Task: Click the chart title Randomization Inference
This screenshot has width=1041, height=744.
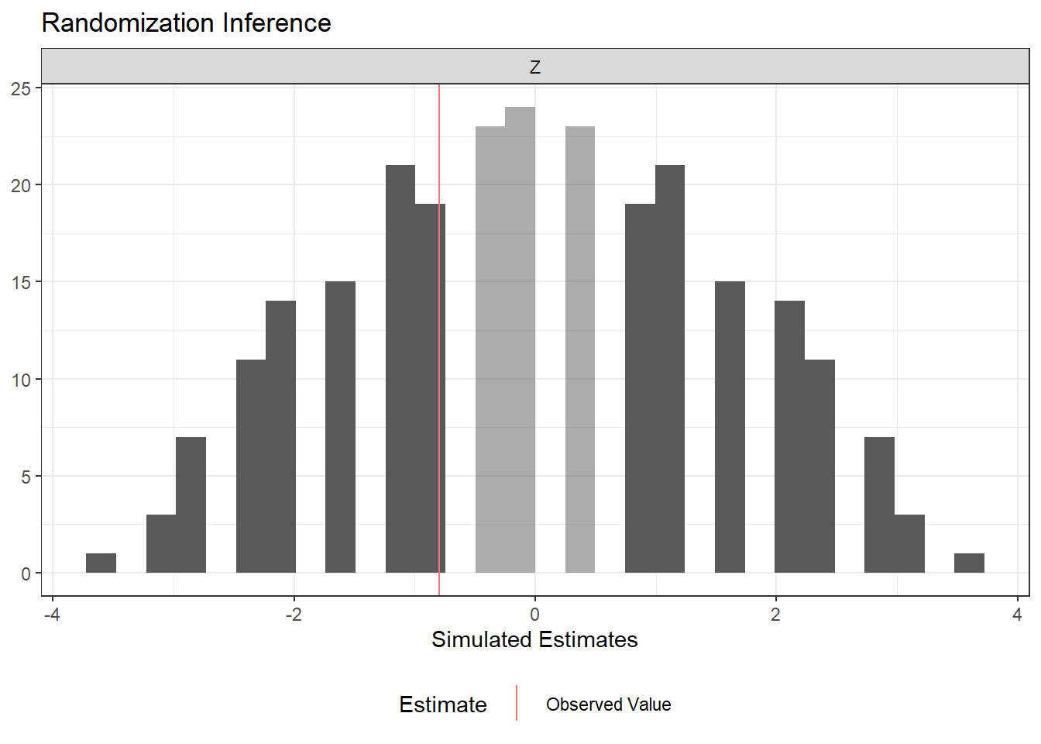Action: point(186,23)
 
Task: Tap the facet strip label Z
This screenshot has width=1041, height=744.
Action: point(534,67)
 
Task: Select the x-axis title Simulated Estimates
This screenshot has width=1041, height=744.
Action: point(534,639)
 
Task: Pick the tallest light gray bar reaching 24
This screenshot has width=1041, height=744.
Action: point(520,341)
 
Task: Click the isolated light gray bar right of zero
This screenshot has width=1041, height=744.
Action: point(580,349)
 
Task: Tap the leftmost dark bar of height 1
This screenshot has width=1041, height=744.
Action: point(101,563)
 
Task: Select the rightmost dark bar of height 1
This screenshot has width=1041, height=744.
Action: point(969,563)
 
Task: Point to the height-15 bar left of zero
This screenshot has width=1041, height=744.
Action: point(340,426)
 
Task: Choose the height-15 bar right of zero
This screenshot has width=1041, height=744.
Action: point(730,426)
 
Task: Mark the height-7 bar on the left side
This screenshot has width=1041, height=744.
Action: point(191,504)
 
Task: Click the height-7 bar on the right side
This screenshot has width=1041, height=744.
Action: point(879,504)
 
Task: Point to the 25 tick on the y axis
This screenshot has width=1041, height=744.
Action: point(21,88)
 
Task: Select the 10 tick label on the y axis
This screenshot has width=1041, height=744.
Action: point(21,380)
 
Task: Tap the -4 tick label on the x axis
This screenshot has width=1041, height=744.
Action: point(52,615)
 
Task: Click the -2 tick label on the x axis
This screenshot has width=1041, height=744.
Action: point(293,615)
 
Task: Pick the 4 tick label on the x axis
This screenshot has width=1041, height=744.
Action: point(1017,615)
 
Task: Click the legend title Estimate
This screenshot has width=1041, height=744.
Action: point(443,704)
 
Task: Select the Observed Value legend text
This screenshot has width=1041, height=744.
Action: point(608,704)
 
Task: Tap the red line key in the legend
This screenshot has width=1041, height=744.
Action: point(517,703)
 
